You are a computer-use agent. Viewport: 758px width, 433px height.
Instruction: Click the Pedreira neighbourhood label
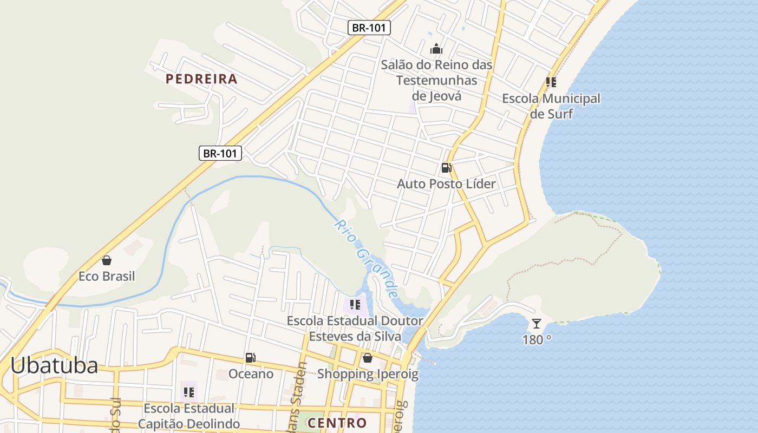click(x=201, y=79)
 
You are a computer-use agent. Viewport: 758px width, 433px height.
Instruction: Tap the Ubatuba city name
click(x=54, y=365)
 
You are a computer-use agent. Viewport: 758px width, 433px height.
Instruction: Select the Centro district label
click(x=337, y=423)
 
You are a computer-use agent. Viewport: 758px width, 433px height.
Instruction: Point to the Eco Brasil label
click(x=107, y=277)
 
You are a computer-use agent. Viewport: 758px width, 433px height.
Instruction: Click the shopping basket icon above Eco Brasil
click(x=107, y=260)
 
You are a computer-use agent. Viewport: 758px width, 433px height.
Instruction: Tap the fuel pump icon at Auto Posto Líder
click(x=446, y=168)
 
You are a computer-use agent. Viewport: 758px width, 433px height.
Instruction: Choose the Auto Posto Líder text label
click(x=446, y=184)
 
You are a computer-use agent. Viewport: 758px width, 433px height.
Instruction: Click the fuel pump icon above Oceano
click(x=250, y=358)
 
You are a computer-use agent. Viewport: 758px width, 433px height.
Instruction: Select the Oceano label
click(x=251, y=374)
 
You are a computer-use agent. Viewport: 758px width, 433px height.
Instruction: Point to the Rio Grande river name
click(x=367, y=258)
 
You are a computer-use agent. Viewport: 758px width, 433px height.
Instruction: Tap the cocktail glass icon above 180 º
click(x=537, y=324)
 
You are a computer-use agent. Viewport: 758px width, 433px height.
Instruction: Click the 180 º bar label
click(x=537, y=340)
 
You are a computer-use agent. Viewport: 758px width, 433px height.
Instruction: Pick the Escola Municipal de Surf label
click(x=551, y=106)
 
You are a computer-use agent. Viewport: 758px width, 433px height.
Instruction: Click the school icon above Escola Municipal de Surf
click(x=551, y=82)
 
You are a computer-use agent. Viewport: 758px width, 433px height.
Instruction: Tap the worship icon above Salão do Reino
click(x=436, y=49)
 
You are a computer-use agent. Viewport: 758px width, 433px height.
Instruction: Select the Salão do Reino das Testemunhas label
click(x=436, y=80)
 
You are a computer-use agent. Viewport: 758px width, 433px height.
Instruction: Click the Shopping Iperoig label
click(x=368, y=374)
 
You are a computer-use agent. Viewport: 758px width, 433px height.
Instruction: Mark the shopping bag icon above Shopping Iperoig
click(x=368, y=358)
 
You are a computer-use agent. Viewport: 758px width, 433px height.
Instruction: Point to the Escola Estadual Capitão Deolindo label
click(x=188, y=416)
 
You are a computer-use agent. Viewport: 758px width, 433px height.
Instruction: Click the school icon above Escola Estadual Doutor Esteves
click(x=355, y=305)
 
